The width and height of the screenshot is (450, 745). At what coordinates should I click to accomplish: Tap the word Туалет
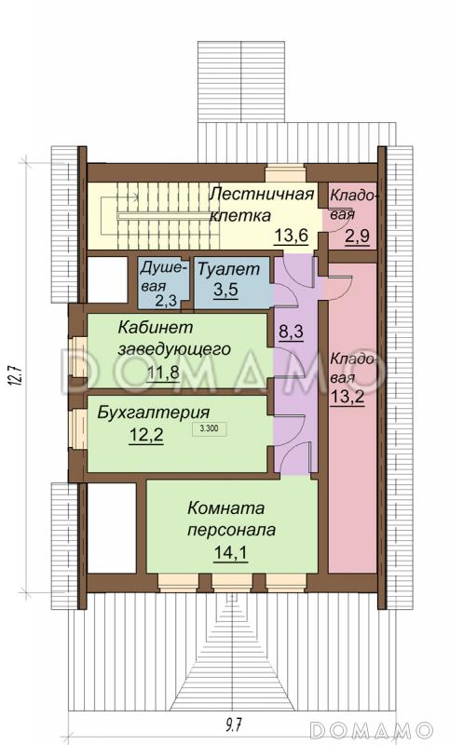pyautogui.click(x=225, y=269)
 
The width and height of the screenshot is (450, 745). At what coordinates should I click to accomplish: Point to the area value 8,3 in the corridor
pyautogui.click(x=291, y=332)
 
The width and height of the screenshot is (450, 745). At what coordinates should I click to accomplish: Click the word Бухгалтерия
pyautogui.click(x=153, y=412)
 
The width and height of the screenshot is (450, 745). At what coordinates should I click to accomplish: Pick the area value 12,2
pyautogui.click(x=145, y=435)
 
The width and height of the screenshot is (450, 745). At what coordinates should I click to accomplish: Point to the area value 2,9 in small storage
pyautogui.click(x=356, y=237)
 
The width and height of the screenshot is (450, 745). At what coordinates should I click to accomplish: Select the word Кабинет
pyautogui.click(x=155, y=328)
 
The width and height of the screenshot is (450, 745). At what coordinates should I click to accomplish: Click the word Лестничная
pyautogui.click(x=259, y=194)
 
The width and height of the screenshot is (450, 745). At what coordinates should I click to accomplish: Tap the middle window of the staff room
pyautogui.click(x=226, y=583)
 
